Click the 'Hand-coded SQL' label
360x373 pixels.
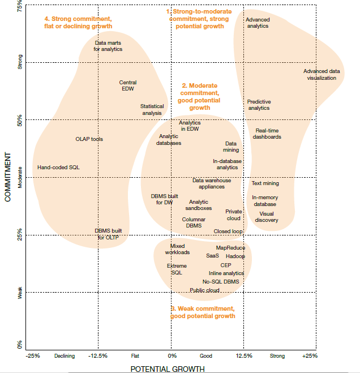pyautogui.click(x=58, y=168)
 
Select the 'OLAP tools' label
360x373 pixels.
pyautogui.click(x=89, y=139)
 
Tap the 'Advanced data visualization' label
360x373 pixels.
pyautogui.click(x=322, y=75)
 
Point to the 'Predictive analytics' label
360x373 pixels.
pyautogui.click(x=259, y=105)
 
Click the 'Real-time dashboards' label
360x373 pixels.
pyautogui.click(x=267, y=134)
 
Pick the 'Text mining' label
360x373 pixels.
pyautogui.click(x=265, y=183)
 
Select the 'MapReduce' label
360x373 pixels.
pyautogui.click(x=230, y=248)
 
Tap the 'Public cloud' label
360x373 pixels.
pyautogui.click(x=204, y=290)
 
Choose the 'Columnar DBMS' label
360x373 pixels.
pyautogui.click(x=194, y=222)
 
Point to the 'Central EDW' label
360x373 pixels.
pyautogui.click(x=128, y=85)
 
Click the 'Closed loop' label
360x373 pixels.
pyautogui.click(x=228, y=231)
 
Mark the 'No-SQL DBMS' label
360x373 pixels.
pyautogui.click(x=221, y=281)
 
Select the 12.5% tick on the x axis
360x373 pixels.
pyautogui.click(x=244, y=356)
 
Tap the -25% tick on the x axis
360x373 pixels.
pyautogui.click(x=33, y=356)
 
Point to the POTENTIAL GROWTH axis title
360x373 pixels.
pyautogui.click(x=168, y=368)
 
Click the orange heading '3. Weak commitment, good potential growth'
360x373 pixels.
pyautogui.click(x=202, y=312)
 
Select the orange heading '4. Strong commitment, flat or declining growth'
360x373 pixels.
pyautogui.click(x=78, y=23)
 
